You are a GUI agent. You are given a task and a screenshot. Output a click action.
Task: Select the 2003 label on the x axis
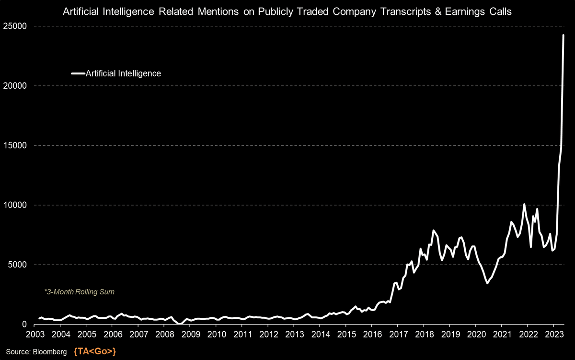(34, 334)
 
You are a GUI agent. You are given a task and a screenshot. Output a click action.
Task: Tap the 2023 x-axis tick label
(553, 334)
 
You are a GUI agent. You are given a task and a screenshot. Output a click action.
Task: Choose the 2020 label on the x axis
(475, 334)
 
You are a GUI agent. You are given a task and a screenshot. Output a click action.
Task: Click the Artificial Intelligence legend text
(123, 73)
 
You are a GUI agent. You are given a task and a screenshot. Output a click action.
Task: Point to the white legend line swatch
(78, 73)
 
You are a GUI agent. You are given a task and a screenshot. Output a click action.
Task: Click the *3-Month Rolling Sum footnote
(79, 291)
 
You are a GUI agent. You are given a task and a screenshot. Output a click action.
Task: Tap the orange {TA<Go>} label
(95, 352)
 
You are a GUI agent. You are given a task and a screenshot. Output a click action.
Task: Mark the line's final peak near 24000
(563, 35)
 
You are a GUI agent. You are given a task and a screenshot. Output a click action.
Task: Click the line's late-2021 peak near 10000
(524, 204)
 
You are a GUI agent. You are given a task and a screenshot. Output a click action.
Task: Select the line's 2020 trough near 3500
(487, 283)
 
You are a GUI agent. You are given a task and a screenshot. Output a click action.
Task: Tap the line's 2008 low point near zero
(179, 324)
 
